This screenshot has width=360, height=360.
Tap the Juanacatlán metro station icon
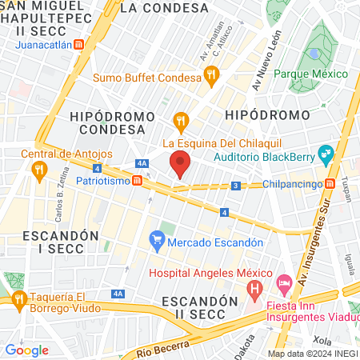[78, 46]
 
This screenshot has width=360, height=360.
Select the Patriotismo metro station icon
[138, 181]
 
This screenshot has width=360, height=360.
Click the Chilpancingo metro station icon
[330, 184]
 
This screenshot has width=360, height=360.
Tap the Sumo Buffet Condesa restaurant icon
[211, 77]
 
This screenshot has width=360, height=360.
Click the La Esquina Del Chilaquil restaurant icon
[181, 122]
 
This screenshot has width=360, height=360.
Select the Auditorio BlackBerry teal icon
[325, 153]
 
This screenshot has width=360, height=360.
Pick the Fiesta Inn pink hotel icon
[284, 283]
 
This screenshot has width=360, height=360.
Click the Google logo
[27, 349]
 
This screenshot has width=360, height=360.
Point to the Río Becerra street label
[162, 347]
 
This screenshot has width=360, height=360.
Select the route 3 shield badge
[236, 186]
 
